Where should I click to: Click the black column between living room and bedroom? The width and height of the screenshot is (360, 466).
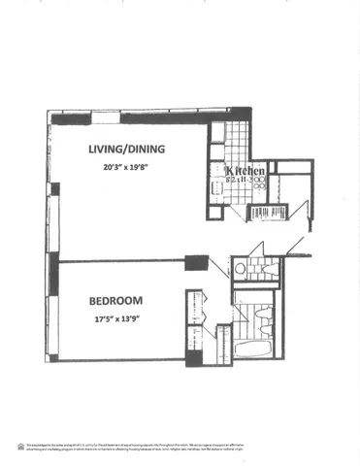point(197,262)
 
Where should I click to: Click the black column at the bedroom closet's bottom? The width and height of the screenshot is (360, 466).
point(194,357)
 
